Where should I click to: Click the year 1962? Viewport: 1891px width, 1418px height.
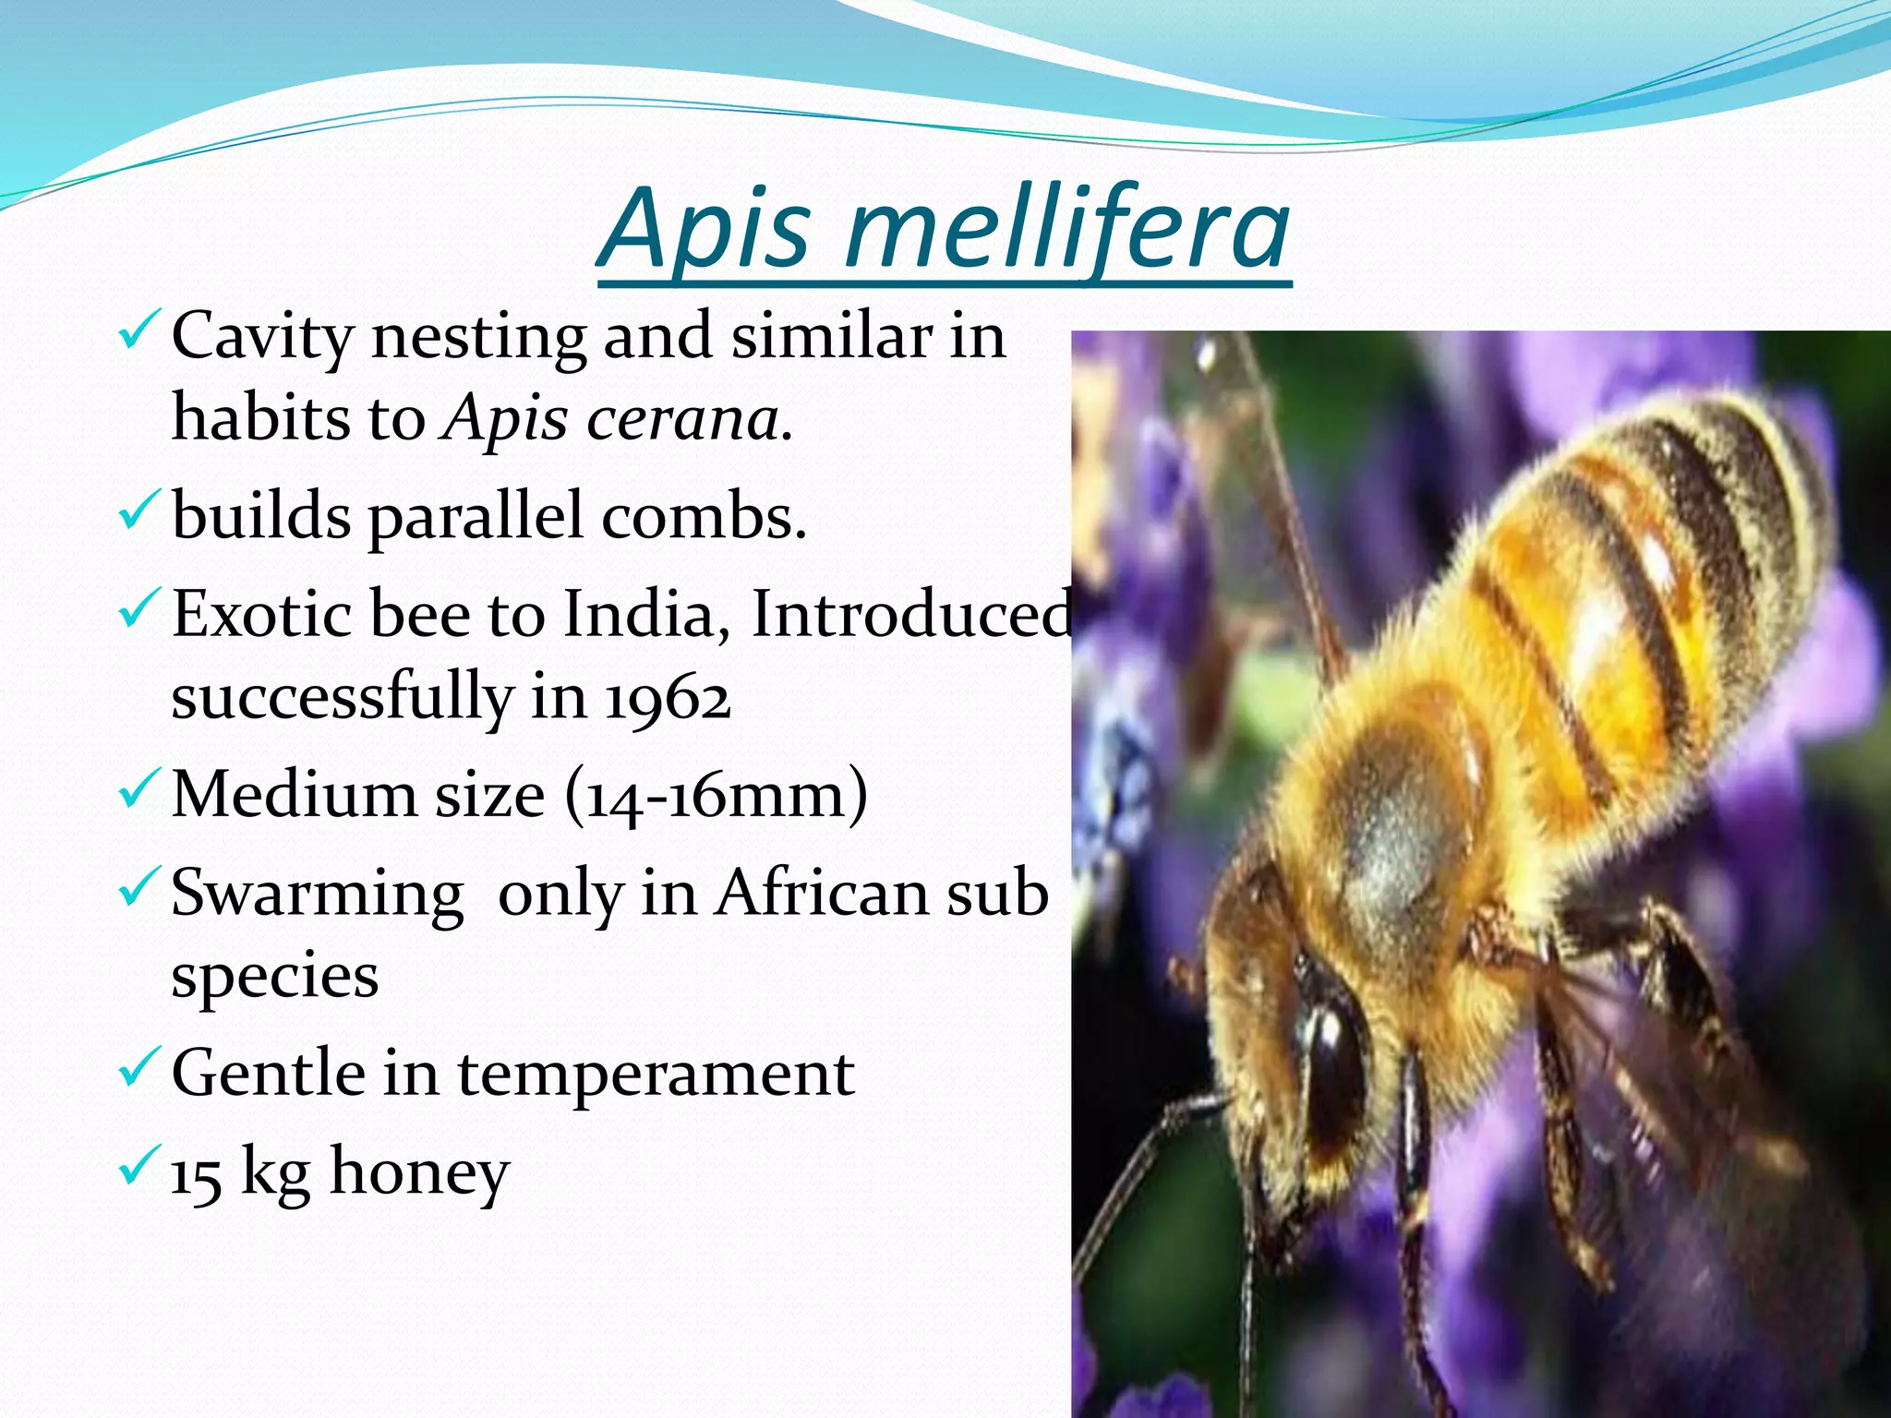[x=668, y=699]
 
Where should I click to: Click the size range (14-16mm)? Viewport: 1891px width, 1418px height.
[x=717, y=795]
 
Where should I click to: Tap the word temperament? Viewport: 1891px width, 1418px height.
[x=656, y=1074]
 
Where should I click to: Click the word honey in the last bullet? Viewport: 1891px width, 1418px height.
[x=419, y=1172]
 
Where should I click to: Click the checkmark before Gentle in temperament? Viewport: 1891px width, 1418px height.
[x=139, y=1068]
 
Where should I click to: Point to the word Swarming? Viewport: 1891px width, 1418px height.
[x=318, y=894]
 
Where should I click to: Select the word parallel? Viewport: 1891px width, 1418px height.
[x=476, y=517]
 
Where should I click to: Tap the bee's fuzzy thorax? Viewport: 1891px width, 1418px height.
[x=1394, y=831]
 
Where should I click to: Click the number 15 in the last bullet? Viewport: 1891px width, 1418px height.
[x=196, y=1174]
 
